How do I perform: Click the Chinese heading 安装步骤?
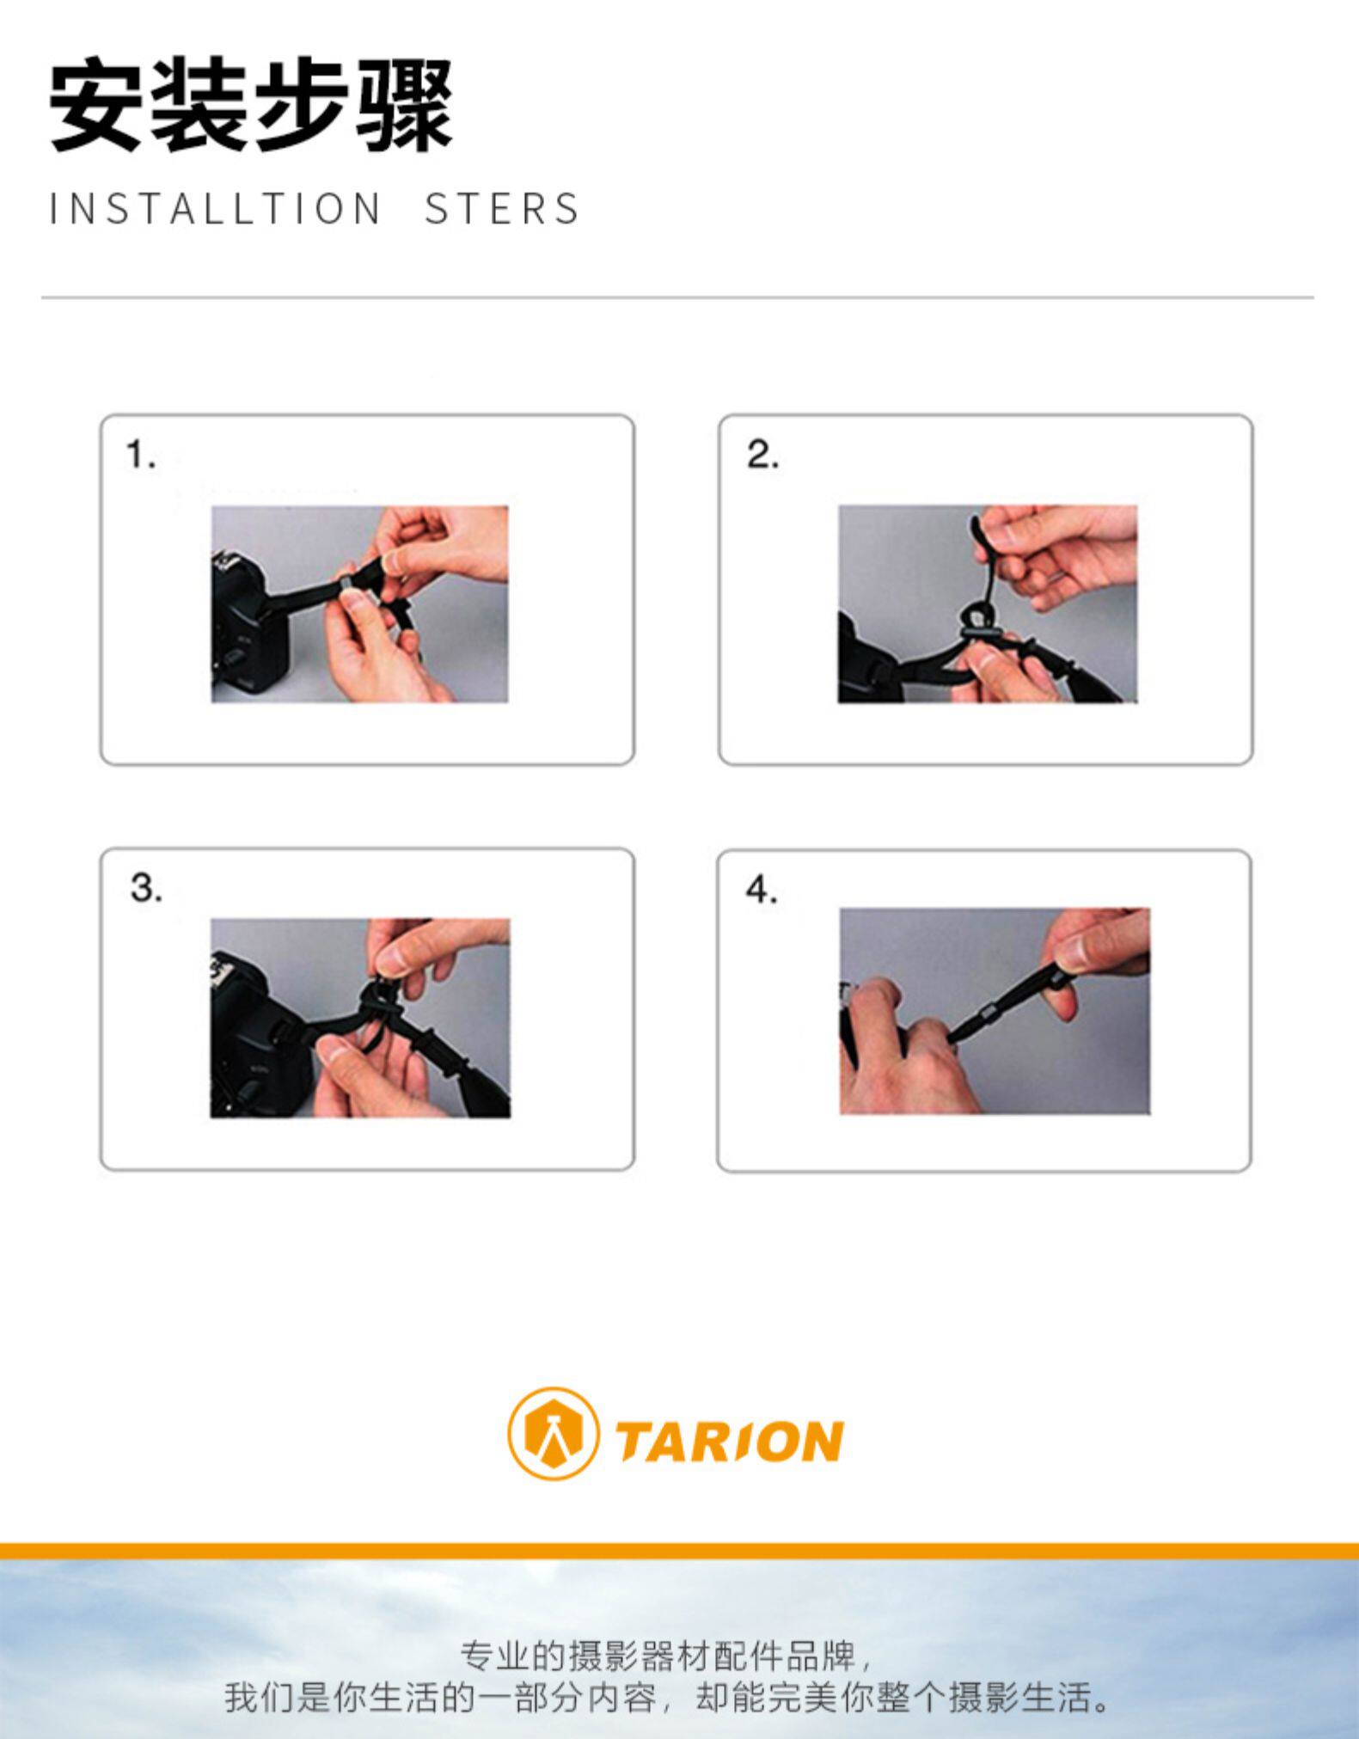(250, 107)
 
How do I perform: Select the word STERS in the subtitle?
(503, 209)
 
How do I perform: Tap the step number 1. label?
(141, 455)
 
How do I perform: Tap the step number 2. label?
(762, 455)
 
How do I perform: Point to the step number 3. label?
(146, 887)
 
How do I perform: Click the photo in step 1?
(360, 604)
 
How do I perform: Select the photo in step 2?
(988, 604)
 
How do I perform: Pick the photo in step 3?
(360, 1019)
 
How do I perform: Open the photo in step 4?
(995, 1011)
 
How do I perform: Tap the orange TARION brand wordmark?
(729, 1442)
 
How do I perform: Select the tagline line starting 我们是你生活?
(669, 1698)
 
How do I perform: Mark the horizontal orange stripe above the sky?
(679, 1552)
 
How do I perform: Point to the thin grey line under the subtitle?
(677, 297)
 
